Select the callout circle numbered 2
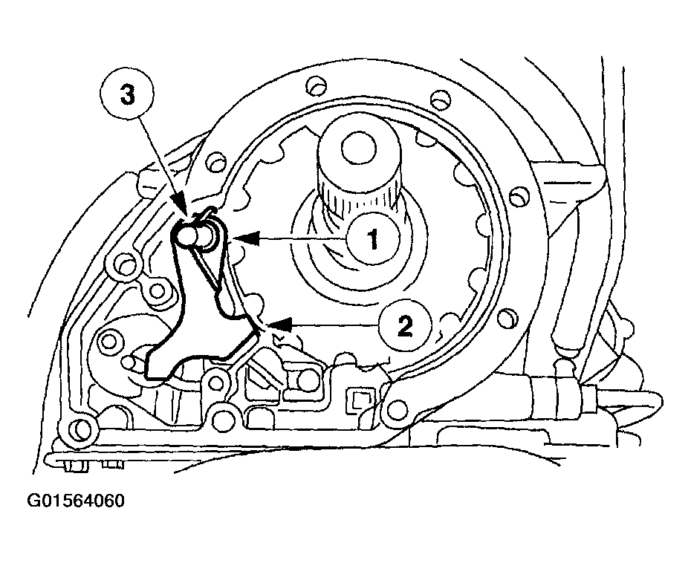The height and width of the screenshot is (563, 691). (405, 325)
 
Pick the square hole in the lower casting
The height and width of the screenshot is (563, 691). (362, 399)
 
